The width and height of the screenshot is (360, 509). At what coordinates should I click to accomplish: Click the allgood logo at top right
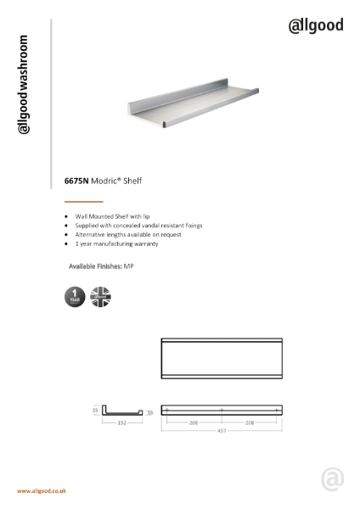[315, 25]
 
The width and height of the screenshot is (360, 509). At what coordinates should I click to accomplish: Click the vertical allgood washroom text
[25, 85]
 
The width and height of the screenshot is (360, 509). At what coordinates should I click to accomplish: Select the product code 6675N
[76, 180]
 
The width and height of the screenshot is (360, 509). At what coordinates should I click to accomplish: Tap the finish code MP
[128, 266]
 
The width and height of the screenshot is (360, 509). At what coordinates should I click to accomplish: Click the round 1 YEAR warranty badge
[74, 297]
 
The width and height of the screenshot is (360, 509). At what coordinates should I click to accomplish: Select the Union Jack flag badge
[100, 297]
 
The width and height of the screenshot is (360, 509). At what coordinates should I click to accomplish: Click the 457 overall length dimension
[221, 430]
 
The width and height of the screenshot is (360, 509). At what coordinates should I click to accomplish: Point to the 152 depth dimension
[123, 422]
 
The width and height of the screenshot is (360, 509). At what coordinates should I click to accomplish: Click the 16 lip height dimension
[149, 412]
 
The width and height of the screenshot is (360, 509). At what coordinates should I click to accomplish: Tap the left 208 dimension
[194, 422]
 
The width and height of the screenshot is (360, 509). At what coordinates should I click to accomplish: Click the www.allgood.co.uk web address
[42, 491]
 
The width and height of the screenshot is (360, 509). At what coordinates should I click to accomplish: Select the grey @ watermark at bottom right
[332, 480]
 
